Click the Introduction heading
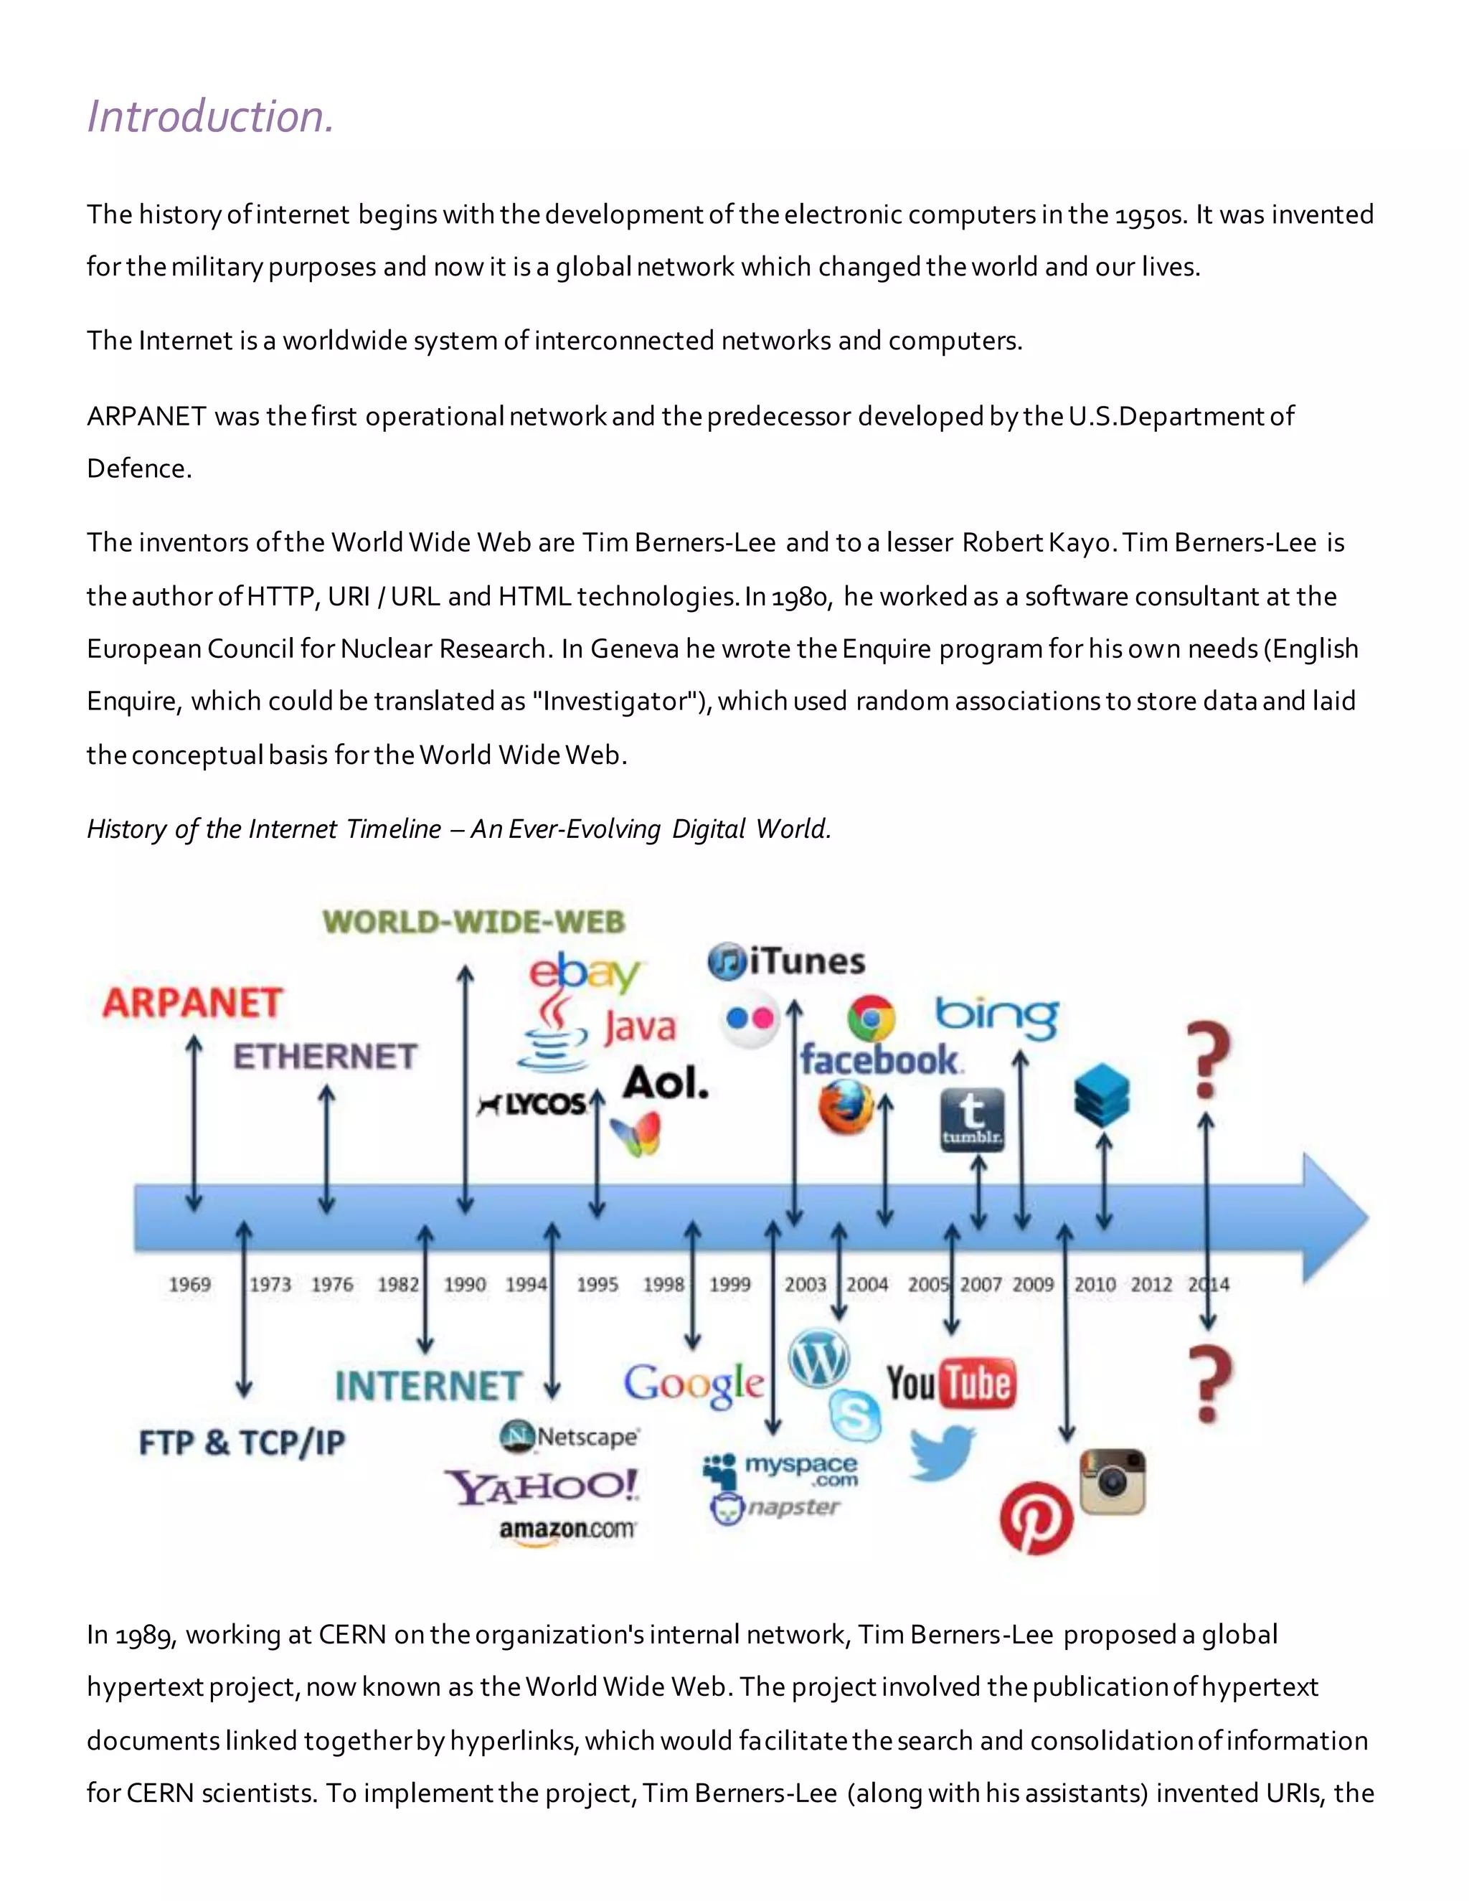[211, 117]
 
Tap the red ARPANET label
[192, 1003]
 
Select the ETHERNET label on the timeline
[326, 1057]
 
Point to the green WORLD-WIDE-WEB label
[474, 922]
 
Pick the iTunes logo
[787, 962]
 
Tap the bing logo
[997, 1016]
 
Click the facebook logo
[880, 1060]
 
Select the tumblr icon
[973, 1119]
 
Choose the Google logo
[694, 1384]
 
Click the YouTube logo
[950, 1383]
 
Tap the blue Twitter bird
[943, 1452]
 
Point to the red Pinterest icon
[1036, 1519]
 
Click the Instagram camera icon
[1113, 1482]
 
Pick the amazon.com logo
[567, 1530]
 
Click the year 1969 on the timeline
[189, 1285]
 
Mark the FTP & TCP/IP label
[242, 1443]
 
